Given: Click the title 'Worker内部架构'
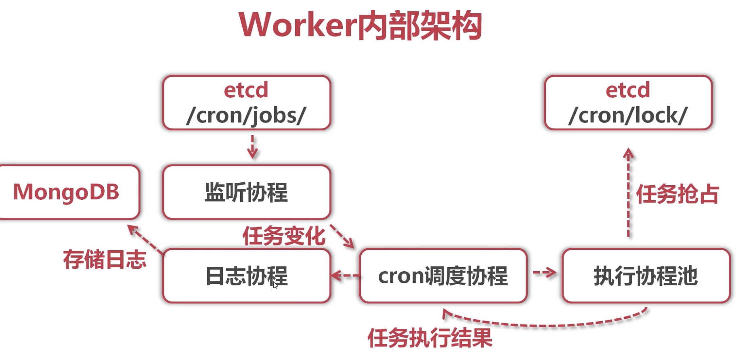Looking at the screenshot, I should click(x=360, y=25).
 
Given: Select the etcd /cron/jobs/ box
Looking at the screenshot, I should click(x=247, y=103).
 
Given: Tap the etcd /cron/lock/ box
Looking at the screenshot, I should click(x=628, y=103).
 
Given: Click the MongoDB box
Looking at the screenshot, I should click(x=67, y=192).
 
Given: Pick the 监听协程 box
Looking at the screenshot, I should click(x=247, y=192).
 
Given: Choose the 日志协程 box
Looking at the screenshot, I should click(x=247, y=276).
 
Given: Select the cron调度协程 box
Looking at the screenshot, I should click(x=443, y=276).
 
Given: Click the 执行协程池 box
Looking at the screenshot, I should click(x=646, y=276).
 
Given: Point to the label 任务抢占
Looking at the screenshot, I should click(x=677, y=194).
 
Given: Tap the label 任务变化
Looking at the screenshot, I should click(x=284, y=236).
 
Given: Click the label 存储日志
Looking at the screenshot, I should click(x=105, y=259).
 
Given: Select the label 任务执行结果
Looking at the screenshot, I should click(x=430, y=337).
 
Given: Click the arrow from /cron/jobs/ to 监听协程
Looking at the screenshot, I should click(x=252, y=147).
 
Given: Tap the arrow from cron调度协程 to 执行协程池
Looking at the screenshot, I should click(x=545, y=272).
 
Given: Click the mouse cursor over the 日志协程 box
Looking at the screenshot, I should click(x=275, y=285).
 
